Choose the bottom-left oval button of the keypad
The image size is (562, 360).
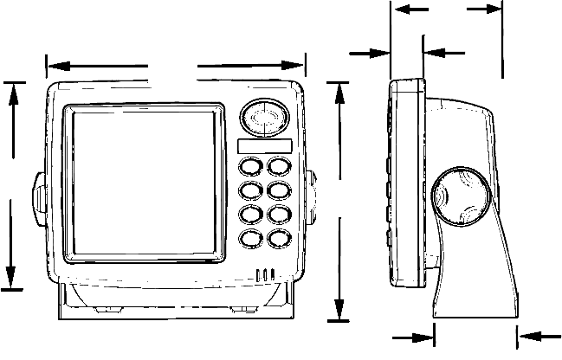pyautogui.click(x=250, y=238)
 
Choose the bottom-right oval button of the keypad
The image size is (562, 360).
pyautogui.click(x=278, y=238)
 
